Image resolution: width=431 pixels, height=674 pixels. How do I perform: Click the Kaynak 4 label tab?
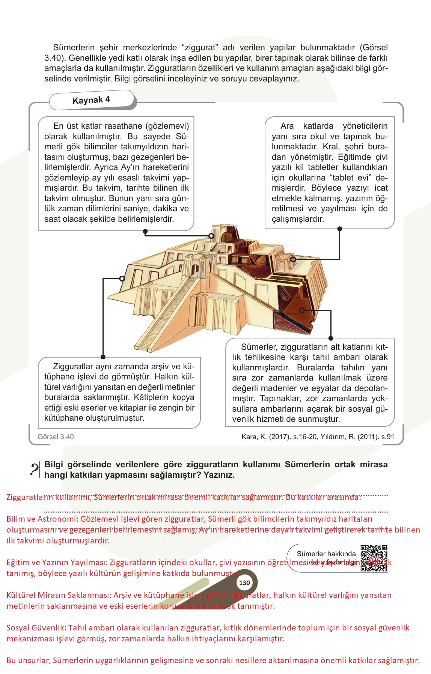[91, 100]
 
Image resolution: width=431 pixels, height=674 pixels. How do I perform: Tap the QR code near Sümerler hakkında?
[374, 558]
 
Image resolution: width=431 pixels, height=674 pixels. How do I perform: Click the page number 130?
[244, 583]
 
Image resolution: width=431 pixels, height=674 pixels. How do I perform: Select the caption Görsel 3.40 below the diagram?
[56, 437]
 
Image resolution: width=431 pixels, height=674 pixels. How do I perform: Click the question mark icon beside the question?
[35, 469]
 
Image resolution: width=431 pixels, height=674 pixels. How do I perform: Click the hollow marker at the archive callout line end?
[122, 279]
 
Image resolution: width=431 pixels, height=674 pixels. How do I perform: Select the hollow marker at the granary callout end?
[302, 310]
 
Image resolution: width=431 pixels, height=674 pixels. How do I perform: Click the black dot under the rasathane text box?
[146, 232]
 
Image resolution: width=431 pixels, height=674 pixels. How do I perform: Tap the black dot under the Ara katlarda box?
[339, 229]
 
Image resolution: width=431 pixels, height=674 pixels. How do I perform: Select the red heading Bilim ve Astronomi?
[42, 519]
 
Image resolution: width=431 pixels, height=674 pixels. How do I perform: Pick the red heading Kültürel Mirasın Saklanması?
[58, 595]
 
